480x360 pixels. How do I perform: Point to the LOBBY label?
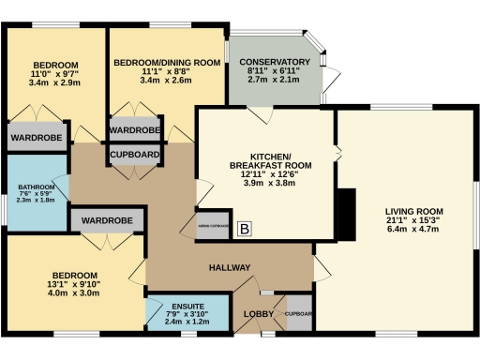(x=258, y=313)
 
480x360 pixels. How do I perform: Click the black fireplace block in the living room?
(x=346, y=217)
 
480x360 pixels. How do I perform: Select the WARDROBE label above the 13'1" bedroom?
(x=107, y=221)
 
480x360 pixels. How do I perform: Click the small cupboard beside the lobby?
(x=298, y=313)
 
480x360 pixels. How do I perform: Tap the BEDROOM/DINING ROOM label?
(x=167, y=62)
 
